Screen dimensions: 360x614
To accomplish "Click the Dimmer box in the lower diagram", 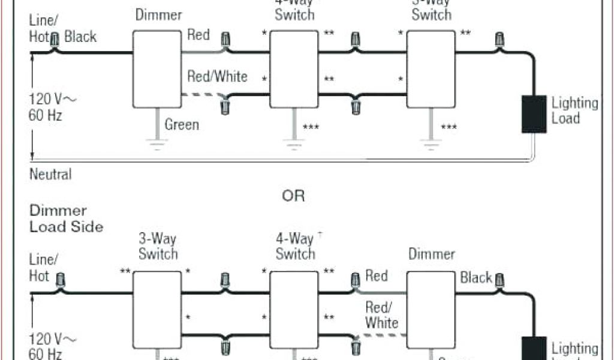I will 431,308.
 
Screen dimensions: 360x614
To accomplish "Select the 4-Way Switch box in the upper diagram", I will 293,68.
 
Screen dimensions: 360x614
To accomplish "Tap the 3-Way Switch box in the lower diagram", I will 156,308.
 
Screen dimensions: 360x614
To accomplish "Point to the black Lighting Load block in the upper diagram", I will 533,113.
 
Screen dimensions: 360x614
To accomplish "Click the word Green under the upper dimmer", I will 182,125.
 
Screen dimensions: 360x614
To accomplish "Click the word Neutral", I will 50,175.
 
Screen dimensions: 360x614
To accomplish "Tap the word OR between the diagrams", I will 294,196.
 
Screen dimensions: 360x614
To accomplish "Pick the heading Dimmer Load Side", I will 66,219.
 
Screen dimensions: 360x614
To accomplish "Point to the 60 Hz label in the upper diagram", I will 46,115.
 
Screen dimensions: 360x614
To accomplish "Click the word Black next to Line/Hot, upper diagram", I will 80,37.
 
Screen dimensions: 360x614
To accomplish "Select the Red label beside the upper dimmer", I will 198,35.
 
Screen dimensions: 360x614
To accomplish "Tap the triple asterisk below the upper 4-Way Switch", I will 311,127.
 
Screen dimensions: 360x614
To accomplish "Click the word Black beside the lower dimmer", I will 476,278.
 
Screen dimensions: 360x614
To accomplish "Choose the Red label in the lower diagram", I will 377,276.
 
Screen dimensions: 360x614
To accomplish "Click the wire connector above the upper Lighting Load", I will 498,40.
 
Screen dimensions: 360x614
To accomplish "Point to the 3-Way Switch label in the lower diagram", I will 158,245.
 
